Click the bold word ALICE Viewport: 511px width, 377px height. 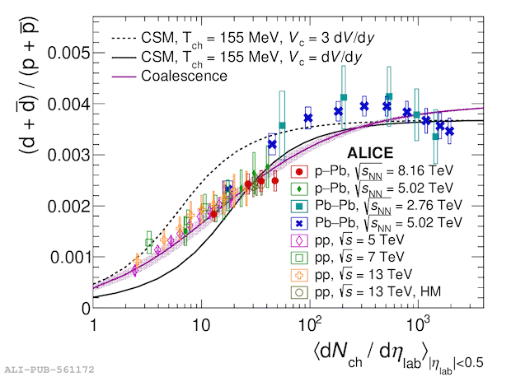pyautogui.click(x=370, y=153)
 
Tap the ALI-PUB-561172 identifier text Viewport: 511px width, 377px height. pyautogui.click(x=49, y=369)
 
